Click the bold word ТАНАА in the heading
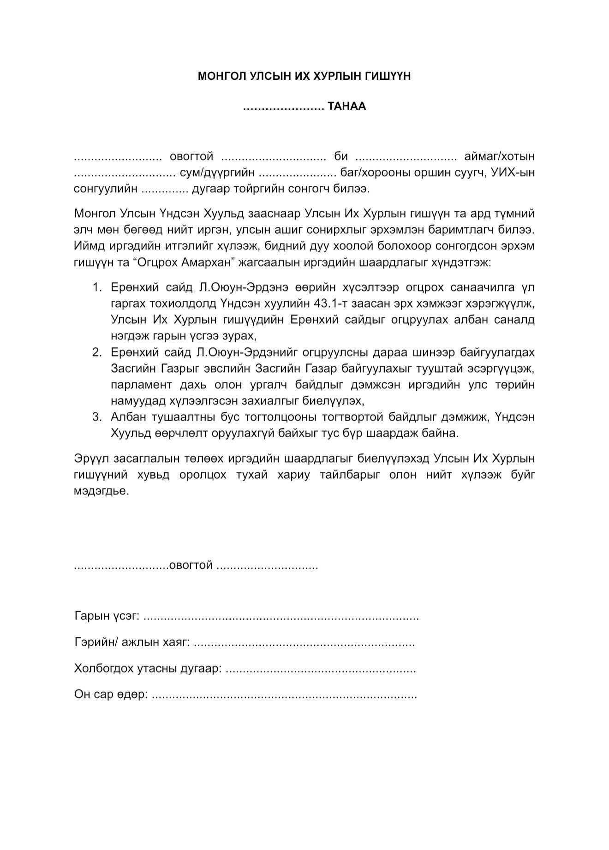[346, 107]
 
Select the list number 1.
[96, 288]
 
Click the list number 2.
[96, 353]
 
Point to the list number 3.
[96, 417]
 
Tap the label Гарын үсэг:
[107, 616]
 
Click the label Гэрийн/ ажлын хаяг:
[132, 642]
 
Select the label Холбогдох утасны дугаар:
[148, 668]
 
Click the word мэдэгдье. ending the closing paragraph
[101, 491]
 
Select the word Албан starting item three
[126, 417]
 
